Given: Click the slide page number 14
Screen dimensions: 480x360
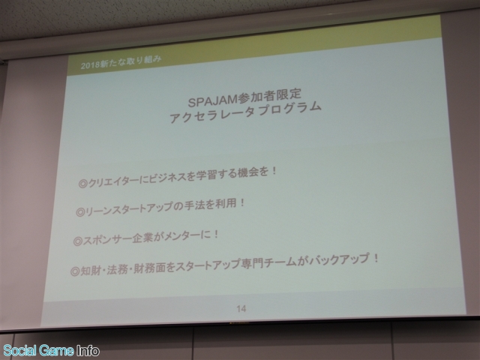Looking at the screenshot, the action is pos(241,308).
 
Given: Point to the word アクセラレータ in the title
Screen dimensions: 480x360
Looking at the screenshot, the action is pos(212,115).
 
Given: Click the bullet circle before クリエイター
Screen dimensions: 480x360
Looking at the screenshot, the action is pos(82,183).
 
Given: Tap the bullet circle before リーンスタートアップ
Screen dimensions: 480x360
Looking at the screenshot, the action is pos(80,212).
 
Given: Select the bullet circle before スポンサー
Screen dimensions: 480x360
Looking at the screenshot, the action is pos(78,241).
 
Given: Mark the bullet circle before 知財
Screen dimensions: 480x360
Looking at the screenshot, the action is pos(75,271).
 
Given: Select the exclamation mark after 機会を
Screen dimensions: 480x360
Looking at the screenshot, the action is pos(274,171).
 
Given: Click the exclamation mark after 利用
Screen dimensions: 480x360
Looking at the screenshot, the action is pos(242,202).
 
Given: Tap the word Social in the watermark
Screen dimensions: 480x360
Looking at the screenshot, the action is pos(21,350).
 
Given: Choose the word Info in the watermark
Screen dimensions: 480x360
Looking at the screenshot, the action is pos(88,350).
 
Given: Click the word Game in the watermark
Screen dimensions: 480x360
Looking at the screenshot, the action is pos(57,350).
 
